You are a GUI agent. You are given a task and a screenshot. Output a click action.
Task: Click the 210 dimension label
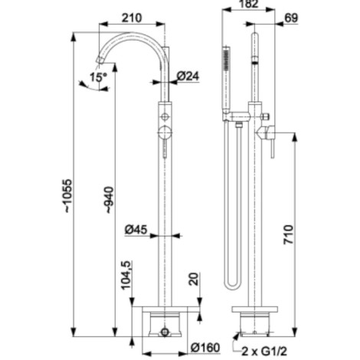coord(132,18)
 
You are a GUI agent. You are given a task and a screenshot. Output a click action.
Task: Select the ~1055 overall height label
coord(68,196)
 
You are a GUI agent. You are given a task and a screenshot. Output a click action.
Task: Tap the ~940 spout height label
coord(110,200)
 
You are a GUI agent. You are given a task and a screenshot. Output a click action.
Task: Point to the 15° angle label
coord(98,77)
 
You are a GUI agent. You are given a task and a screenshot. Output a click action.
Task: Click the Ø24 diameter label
coord(188,76)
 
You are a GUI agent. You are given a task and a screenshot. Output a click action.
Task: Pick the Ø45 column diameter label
coord(136,230)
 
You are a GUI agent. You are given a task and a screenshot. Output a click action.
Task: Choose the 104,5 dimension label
coord(127,275)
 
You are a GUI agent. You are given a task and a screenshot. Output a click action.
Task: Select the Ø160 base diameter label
coord(205,348)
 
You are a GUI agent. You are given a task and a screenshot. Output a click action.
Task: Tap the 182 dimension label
coord(249,4)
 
